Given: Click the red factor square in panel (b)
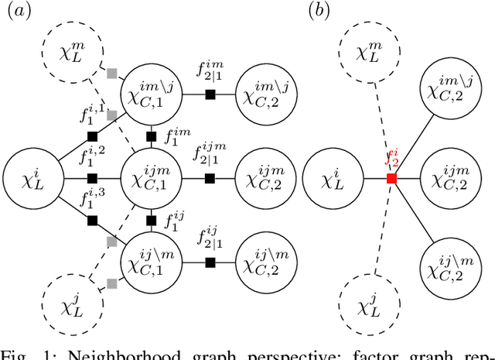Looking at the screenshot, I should pos(391,178).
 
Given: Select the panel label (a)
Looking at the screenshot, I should pos(18,11).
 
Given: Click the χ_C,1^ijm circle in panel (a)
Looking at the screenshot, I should pos(152,178).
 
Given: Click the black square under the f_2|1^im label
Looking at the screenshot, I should pos(209,94).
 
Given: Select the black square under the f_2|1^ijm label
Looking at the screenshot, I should pos(209,178).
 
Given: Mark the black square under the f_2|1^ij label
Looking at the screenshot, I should pos(209,262).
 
